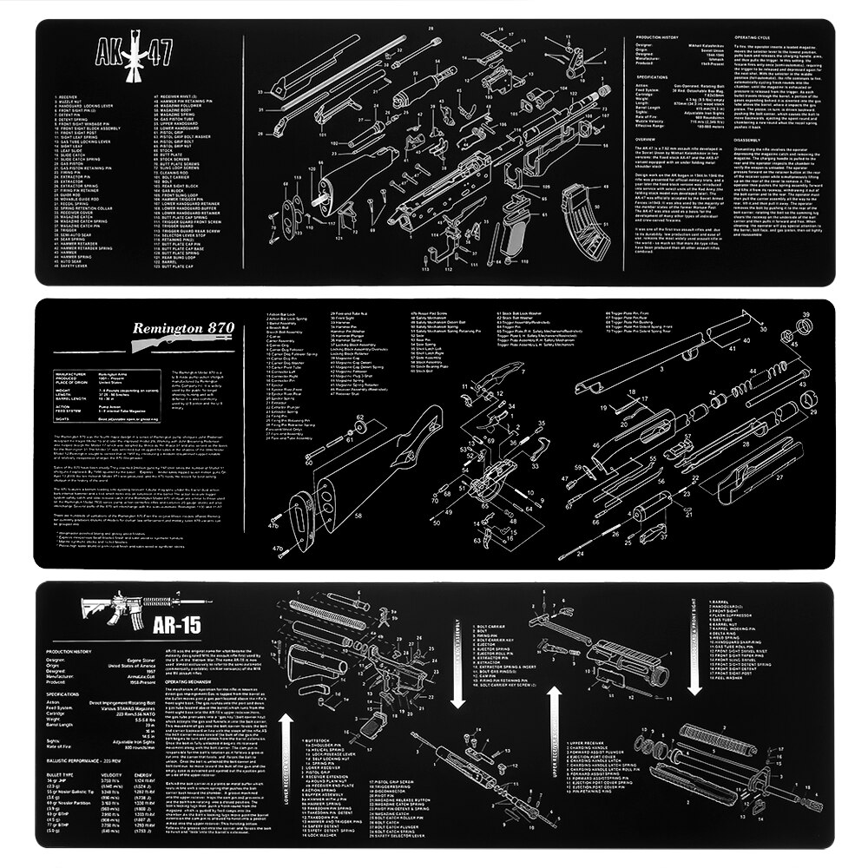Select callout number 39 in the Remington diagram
pyautogui.click(x=806, y=315)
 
